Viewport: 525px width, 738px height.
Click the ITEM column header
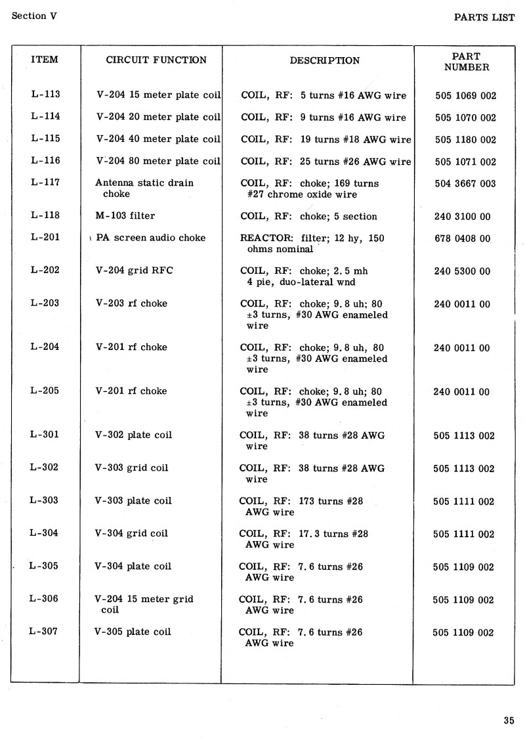click(x=45, y=60)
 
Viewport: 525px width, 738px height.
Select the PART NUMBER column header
click(x=466, y=62)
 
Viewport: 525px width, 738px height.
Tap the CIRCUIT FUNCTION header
click(x=156, y=60)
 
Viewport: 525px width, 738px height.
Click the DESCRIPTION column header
click(x=324, y=61)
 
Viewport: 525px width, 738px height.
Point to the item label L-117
click(x=45, y=183)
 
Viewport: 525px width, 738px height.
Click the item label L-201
click(x=45, y=237)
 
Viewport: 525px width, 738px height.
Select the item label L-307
click(x=45, y=631)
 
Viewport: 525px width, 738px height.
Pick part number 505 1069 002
click(x=465, y=96)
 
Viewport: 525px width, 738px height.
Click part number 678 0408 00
click(x=462, y=239)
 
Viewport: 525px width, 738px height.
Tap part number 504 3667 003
click(x=465, y=184)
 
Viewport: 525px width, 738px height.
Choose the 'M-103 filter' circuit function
click(x=125, y=215)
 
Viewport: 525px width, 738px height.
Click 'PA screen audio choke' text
click(x=150, y=238)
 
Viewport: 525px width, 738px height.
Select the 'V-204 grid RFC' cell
click(x=135, y=271)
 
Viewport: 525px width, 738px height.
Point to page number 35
click(x=509, y=720)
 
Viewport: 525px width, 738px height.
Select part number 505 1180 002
click(x=465, y=140)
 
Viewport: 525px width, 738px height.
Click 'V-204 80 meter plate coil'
click(x=158, y=162)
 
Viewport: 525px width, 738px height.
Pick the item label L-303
click(x=45, y=500)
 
